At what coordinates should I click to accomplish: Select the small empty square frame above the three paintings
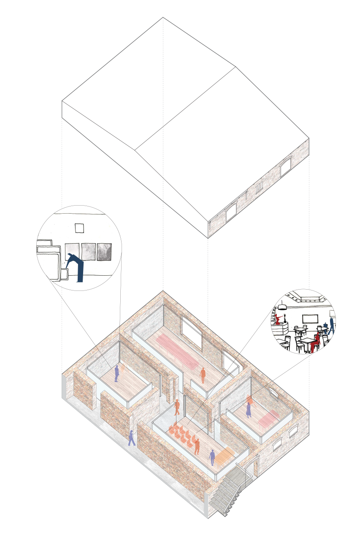tap(79, 228)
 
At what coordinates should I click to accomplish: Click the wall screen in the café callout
tap(310, 319)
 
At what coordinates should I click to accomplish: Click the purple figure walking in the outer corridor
tap(131, 438)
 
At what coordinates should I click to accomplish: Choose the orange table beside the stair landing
tap(224, 456)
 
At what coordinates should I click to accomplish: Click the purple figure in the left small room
tap(116, 374)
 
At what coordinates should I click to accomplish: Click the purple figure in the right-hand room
tap(249, 410)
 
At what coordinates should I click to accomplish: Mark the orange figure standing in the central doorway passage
tap(177, 407)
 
